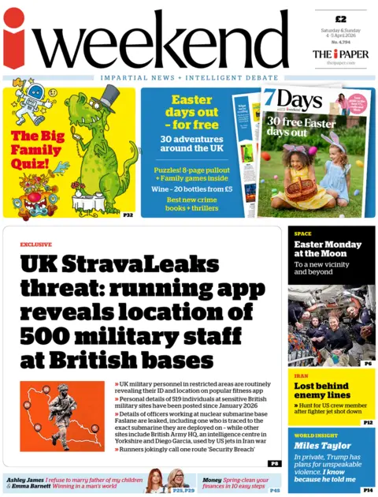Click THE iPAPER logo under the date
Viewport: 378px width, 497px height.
click(340, 54)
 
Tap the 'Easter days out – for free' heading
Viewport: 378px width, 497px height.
click(191, 111)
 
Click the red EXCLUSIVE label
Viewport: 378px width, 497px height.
click(35, 245)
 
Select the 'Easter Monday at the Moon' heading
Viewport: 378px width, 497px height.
click(324, 249)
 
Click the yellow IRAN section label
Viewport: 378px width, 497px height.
click(302, 376)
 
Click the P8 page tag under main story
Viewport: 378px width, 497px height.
click(273, 464)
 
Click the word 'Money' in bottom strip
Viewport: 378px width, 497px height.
click(210, 480)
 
